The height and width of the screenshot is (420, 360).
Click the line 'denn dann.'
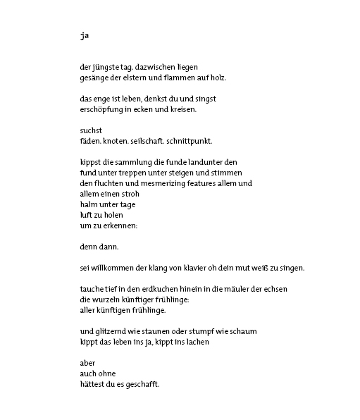pos(99,247)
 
